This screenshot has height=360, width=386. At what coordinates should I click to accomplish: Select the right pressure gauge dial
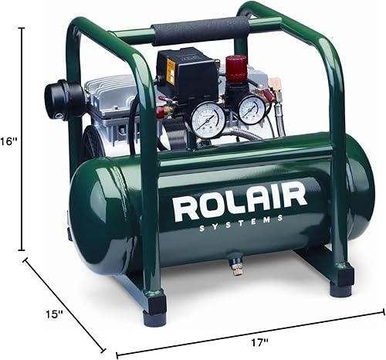point(251,109)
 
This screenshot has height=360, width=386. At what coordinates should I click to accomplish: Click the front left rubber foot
point(154,303)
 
